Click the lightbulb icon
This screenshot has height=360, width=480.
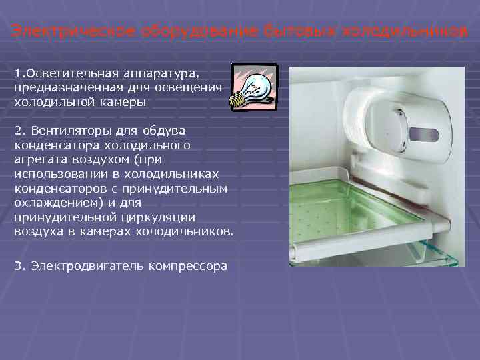point(253,87)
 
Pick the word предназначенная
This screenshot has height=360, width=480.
point(61,87)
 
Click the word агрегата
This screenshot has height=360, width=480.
point(41,161)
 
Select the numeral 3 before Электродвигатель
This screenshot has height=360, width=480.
point(17,265)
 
